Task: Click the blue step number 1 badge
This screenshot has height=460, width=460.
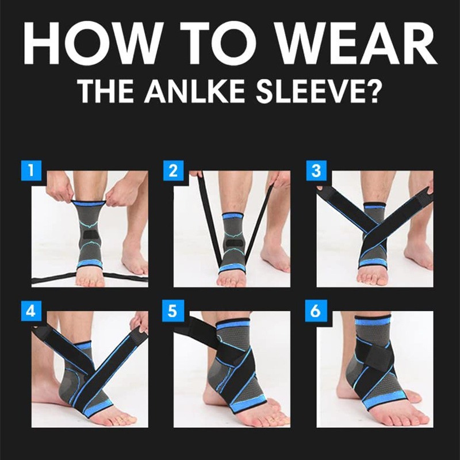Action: click(x=32, y=170)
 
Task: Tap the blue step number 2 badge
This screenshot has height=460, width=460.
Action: click(x=174, y=170)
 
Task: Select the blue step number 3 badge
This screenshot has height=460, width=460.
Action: click(x=316, y=170)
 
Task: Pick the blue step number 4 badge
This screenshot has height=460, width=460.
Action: click(x=32, y=310)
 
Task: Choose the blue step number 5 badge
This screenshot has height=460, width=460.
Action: click(x=173, y=310)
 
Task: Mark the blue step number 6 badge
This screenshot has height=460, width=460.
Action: click(x=316, y=310)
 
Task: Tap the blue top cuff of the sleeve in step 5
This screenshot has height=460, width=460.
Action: click(x=233, y=325)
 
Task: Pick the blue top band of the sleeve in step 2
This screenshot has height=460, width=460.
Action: click(x=233, y=217)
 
